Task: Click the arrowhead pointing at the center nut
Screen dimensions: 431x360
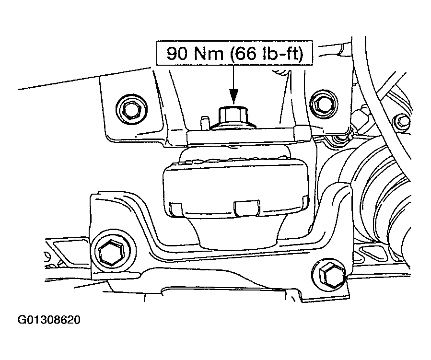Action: point(233,97)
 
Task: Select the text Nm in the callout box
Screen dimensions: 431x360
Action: point(209,54)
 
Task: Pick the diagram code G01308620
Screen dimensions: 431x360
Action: point(49,320)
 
